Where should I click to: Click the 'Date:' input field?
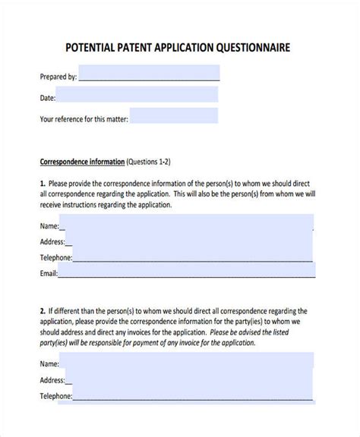pyautogui.click(x=137, y=95)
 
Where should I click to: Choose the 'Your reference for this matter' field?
pyautogui.click(x=174, y=116)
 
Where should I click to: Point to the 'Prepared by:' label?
pyautogui.click(x=58, y=77)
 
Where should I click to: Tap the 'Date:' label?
pyautogui.click(x=47, y=98)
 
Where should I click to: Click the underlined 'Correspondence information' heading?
pyautogui.click(x=82, y=162)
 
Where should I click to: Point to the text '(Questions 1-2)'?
pyautogui.click(x=149, y=162)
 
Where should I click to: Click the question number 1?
pyautogui.click(x=42, y=183)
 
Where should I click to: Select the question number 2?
pyautogui.click(x=42, y=310)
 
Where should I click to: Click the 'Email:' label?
pyautogui.click(x=49, y=273)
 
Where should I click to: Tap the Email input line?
pyautogui.click(x=185, y=273)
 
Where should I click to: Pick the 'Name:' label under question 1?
pyautogui.click(x=49, y=225)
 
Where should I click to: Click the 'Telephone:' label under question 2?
pyautogui.click(x=56, y=396)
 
